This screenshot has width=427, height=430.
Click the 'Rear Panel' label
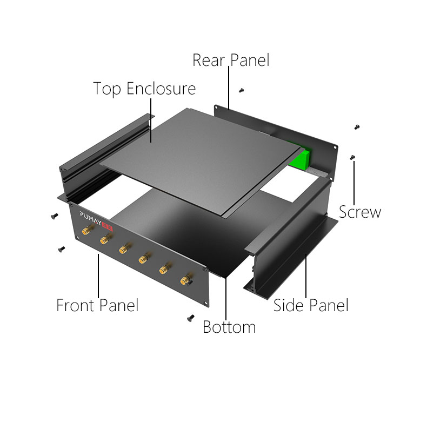(231, 60)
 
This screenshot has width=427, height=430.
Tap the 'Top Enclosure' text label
(144, 89)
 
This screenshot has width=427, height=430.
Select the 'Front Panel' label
(97, 305)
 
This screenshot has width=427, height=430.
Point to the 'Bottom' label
(229, 327)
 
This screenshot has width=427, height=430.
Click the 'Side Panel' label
(311, 305)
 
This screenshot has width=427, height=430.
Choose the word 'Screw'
(360, 212)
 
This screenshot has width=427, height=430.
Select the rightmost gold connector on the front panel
(186, 280)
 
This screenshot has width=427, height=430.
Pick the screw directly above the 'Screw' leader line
(352, 157)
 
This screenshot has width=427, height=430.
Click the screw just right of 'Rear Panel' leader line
(241, 90)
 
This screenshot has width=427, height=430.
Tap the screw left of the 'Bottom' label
(191, 318)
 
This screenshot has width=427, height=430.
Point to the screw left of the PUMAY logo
(55, 216)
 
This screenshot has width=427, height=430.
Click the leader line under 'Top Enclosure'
(151, 120)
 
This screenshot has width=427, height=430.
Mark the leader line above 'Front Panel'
(98, 276)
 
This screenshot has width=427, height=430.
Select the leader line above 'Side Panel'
(306, 276)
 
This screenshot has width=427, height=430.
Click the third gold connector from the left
(124, 249)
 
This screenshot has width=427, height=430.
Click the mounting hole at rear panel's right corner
(335, 147)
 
